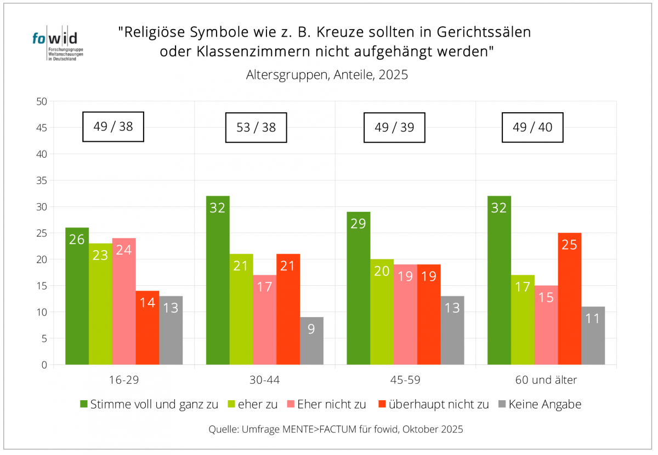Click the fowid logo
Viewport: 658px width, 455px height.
(55, 44)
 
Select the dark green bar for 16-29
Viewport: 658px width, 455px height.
(77, 296)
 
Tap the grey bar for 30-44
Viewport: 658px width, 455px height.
(311, 341)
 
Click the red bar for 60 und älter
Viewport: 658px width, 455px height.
(570, 298)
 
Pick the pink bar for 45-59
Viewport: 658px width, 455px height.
(405, 314)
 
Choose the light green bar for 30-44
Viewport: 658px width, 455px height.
(241, 309)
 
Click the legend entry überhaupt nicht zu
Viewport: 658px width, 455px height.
(433, 405)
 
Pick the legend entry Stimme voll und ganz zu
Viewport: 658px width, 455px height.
(149, 405)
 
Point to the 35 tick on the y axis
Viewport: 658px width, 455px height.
(42, 181)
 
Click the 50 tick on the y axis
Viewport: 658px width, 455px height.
(42, 101)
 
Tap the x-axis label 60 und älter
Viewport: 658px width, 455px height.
(546, 379)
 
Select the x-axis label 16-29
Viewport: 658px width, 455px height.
(124, 379)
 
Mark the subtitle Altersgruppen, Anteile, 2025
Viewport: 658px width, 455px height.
(327, 75)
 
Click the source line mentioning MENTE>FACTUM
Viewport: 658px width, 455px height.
(336, 429)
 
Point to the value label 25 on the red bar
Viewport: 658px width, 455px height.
(570, 245)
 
